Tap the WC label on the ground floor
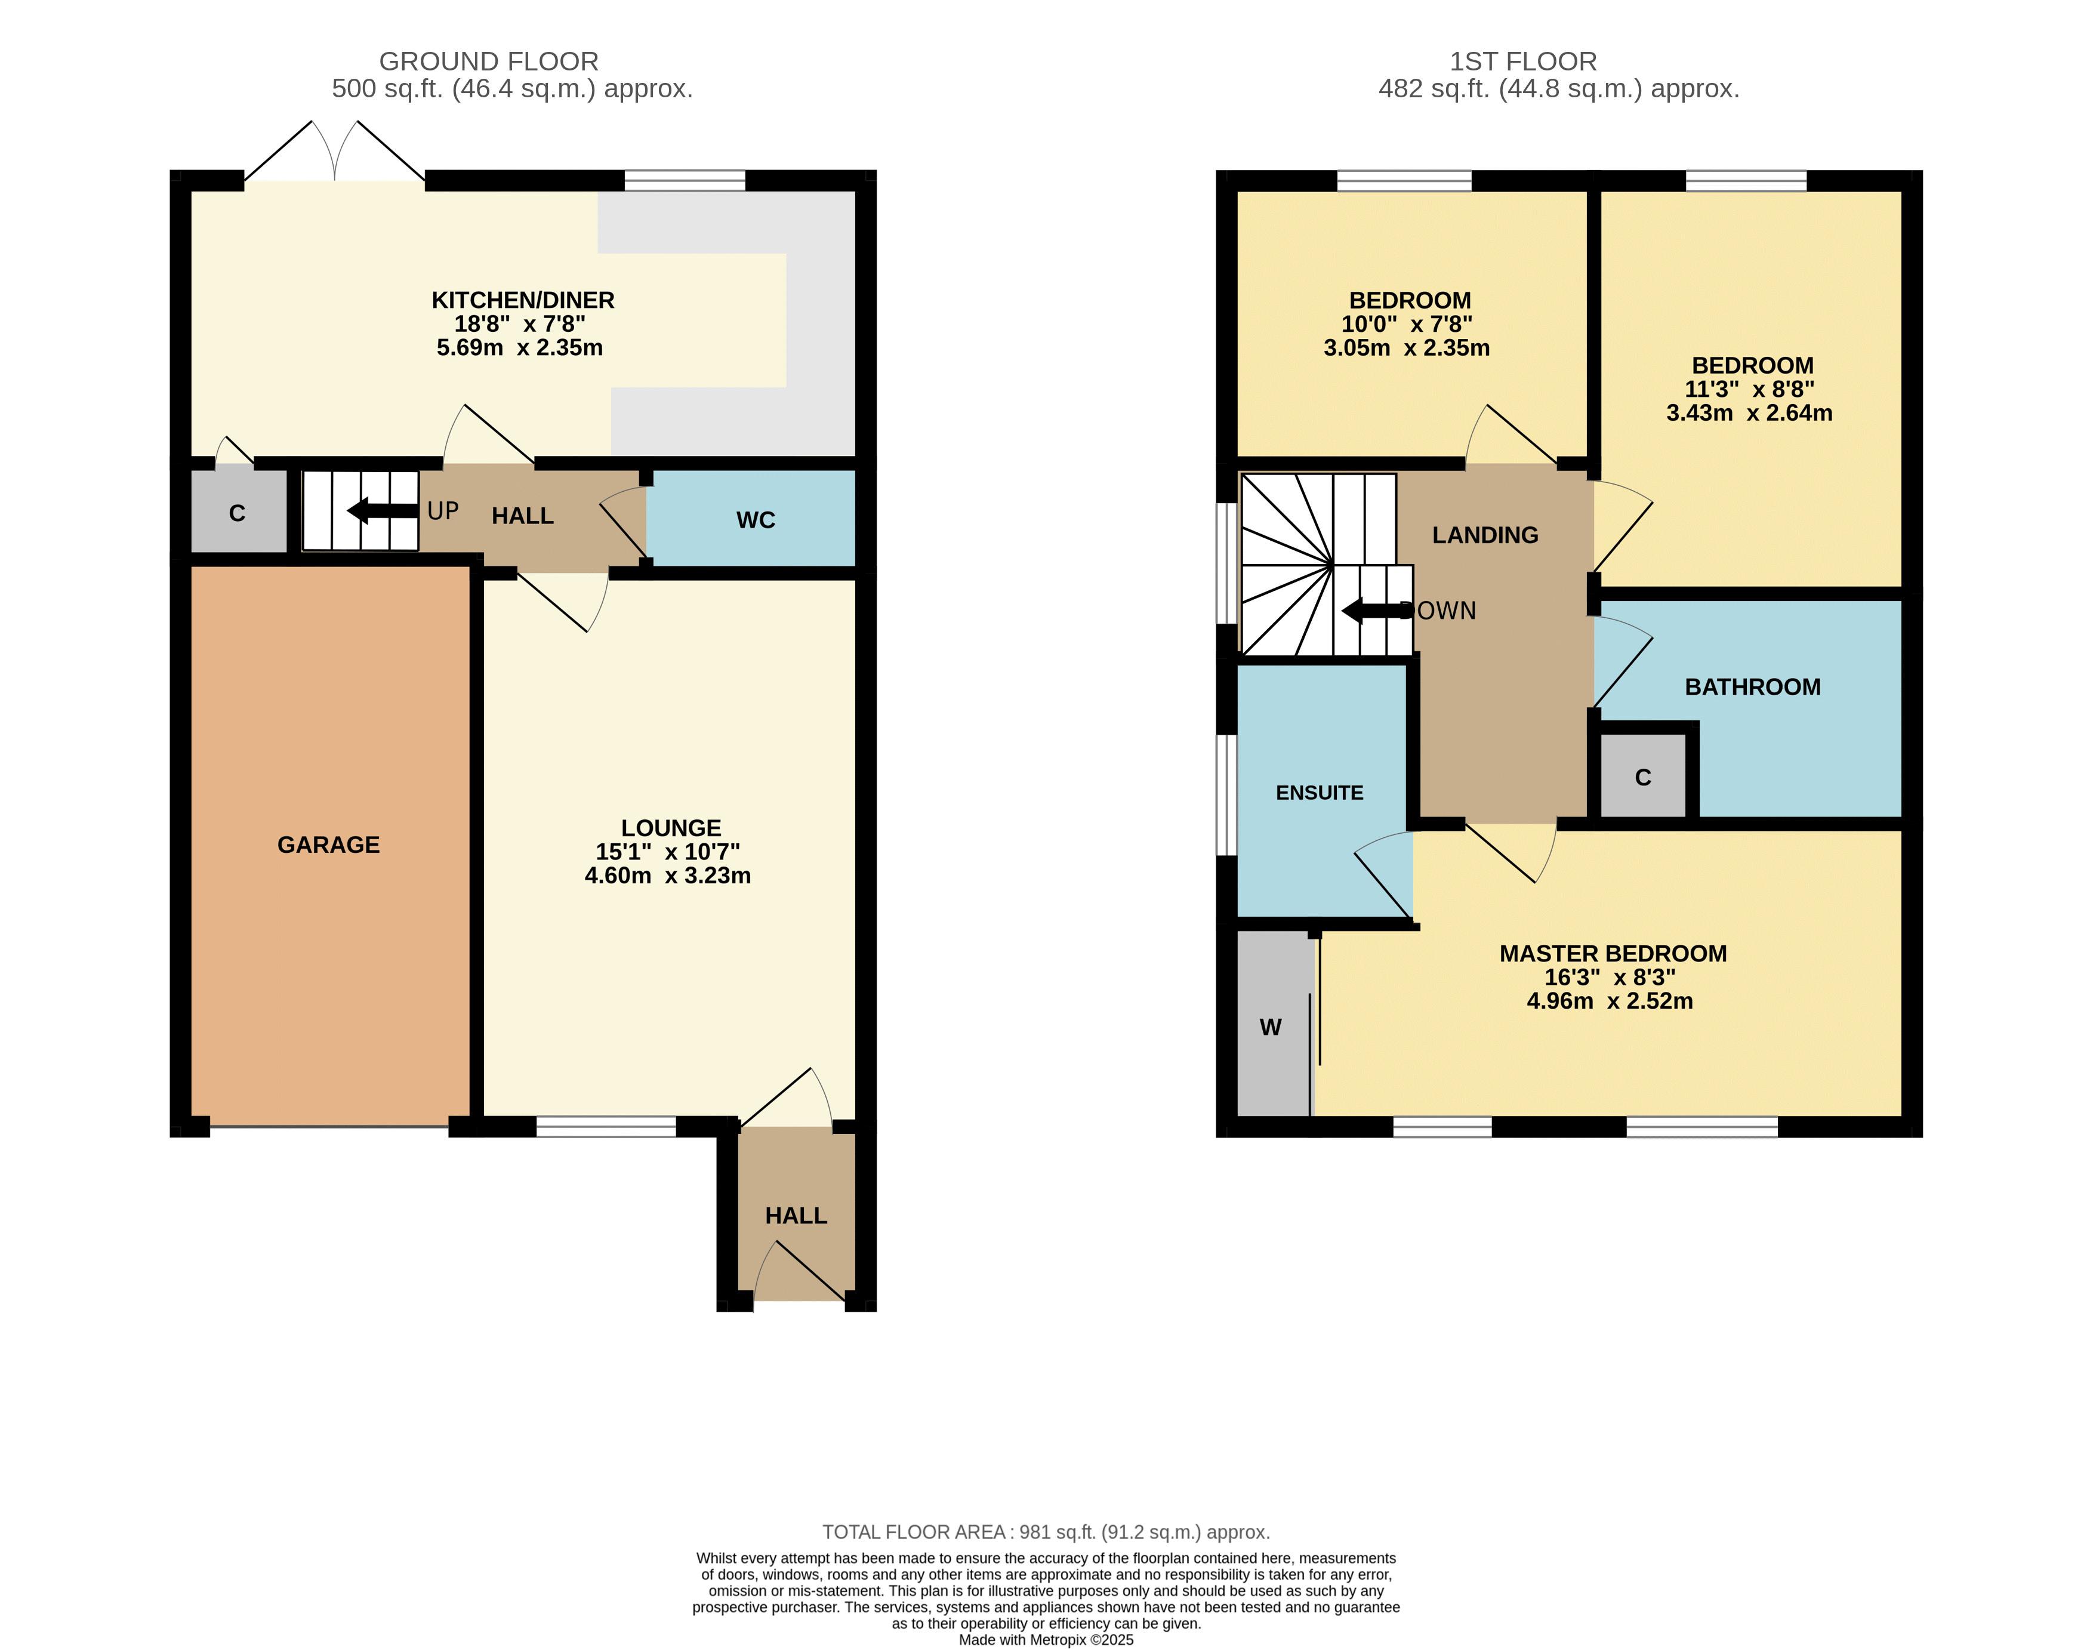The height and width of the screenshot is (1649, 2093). (x=756, y=520)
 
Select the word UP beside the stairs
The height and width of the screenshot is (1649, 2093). (x=443, y=511)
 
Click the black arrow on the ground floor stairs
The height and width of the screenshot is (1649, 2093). (x=383, y=511)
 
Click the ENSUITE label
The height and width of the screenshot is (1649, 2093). (x=1320, y=793)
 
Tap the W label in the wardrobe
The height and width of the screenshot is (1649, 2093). (x=1271, y=1027)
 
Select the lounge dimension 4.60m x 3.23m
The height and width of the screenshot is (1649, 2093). (x=668, y=876)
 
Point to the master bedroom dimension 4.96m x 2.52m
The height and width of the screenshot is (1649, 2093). (x=1610, y=1001)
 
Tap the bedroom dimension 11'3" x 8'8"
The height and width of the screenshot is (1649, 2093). (x=1749, y=389)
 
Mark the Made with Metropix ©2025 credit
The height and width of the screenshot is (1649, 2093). (x=1047, y=1639)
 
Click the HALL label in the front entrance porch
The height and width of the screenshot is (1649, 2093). (x=797, y=1216)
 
